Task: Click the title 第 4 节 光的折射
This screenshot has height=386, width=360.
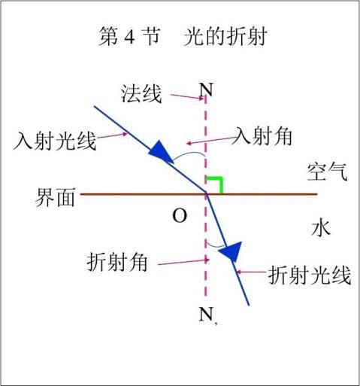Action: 183,37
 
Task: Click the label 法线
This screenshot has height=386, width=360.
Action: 141,94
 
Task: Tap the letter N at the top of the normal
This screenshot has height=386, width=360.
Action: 206,90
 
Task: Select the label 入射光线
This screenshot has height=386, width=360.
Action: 55,141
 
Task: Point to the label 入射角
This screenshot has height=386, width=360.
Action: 262,135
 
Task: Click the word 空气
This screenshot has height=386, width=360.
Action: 328,172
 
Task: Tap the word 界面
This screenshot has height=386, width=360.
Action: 55,197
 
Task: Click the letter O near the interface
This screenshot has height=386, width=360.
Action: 180,216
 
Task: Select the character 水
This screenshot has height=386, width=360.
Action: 321,228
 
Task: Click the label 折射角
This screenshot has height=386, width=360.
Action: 117,262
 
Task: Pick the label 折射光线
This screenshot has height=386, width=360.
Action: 309,275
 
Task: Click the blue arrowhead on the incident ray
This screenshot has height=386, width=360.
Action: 159,151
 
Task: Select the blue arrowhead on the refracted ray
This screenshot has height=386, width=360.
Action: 231,251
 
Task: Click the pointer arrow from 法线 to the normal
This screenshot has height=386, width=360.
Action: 187,96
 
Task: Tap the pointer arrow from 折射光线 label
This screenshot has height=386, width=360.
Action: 251,272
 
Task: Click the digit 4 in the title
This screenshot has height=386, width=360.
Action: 129,38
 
